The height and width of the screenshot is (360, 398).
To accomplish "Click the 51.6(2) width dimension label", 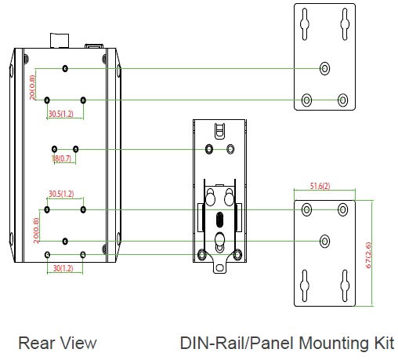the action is [x=320, y=186].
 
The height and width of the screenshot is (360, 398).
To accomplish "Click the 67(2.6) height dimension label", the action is [x=368, y=255].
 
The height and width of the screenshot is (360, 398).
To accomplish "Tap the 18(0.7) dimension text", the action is [x=61, y=158].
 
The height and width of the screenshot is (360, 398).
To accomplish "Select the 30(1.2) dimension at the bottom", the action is [x=63, y=268].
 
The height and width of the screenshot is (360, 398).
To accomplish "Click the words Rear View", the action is [x=57, y=343].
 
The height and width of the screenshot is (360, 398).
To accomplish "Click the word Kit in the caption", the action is [x=384, y=343].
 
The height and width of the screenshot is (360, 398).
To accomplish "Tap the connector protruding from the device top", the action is [x=60, y=41].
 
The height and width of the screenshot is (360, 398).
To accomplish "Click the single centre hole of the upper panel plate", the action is [x=324, y=68].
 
